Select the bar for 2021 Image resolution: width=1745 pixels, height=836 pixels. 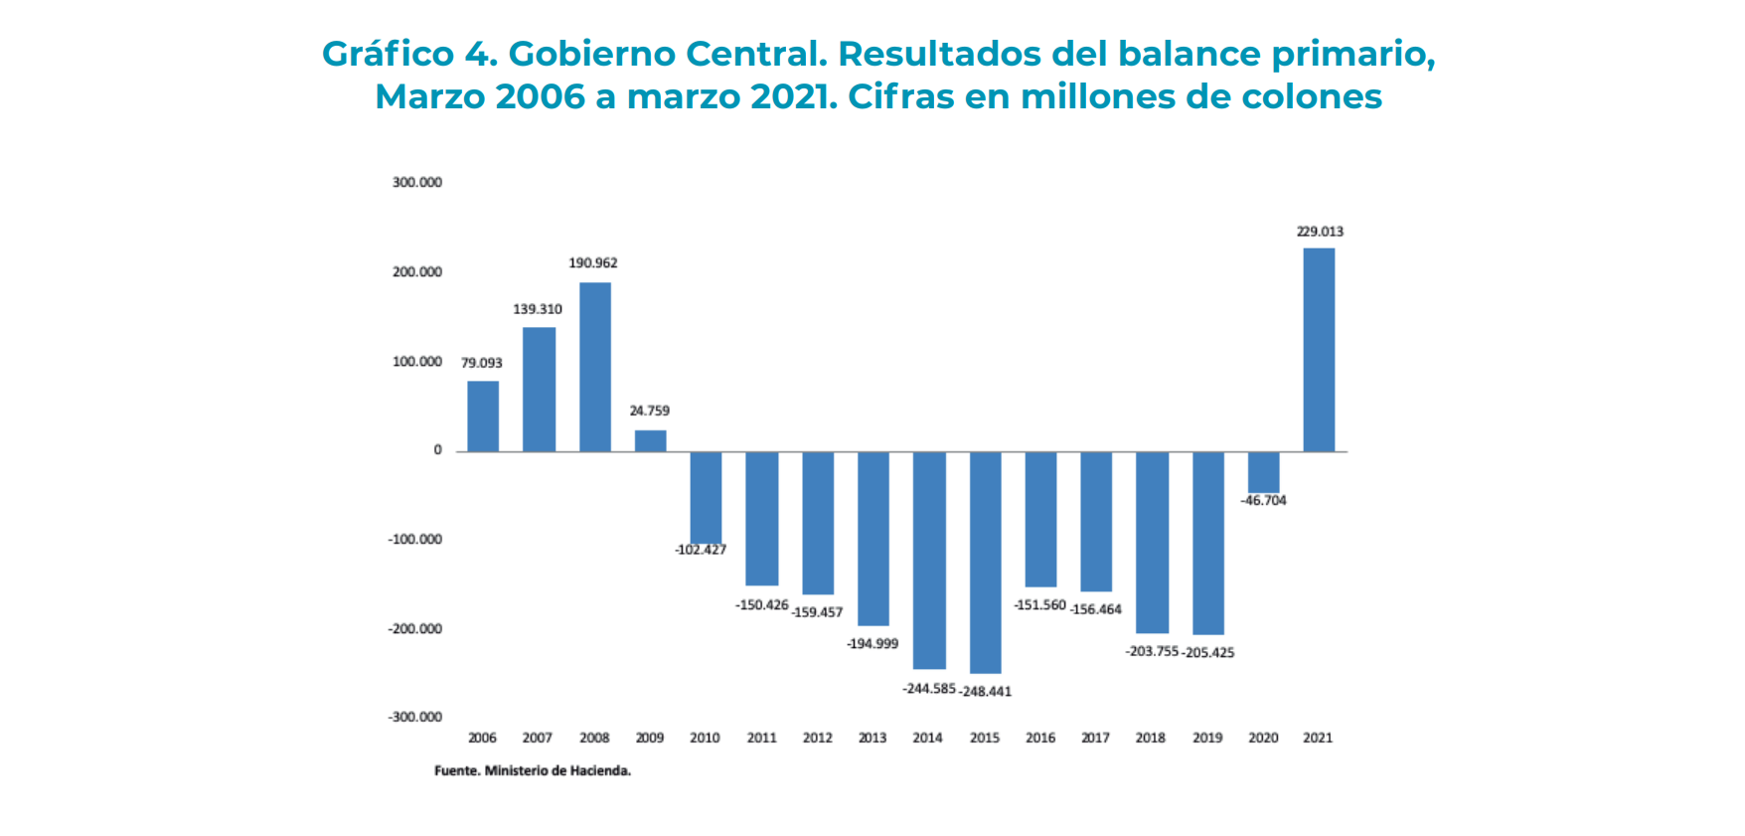[1319, 350]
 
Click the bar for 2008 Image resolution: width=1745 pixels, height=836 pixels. [595, 367]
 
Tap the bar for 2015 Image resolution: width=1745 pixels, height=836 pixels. [985, 563]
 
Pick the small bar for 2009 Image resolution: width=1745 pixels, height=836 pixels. [651, 440]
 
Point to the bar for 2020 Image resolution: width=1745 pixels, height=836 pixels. [1263, 472]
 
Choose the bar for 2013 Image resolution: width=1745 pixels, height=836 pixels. [873, 539]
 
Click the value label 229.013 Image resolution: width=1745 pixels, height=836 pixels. [1320, 232]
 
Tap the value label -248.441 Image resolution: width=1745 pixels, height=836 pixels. [986, 692]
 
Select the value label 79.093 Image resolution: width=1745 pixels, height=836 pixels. [482, 363]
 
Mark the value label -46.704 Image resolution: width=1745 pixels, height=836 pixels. [1263, 500]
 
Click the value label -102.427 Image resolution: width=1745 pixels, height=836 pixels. [701, 550]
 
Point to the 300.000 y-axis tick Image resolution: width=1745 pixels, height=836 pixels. [417, 183]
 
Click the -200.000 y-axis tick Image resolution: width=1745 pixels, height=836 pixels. [415, 628]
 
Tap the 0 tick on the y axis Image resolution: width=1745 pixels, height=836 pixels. [437, 450]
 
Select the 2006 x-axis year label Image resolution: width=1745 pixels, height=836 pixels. [482, 738]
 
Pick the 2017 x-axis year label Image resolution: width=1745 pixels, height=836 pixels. [1095, 738]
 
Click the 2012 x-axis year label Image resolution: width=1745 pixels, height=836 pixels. [817, 738]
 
